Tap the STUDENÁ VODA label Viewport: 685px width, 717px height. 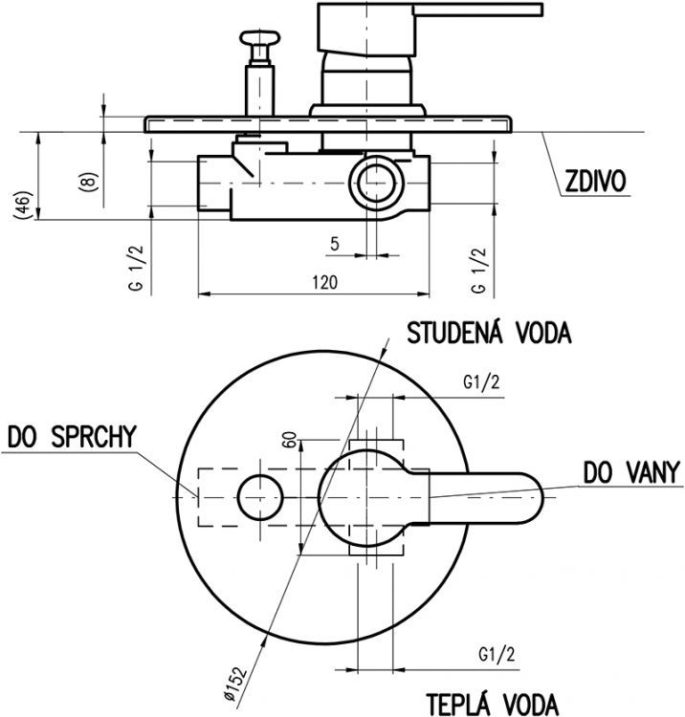coord(489,334)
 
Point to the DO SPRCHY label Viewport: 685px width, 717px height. coord(73,437)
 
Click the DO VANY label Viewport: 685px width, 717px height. coord(631,471)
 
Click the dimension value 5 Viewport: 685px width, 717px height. coord(334,243)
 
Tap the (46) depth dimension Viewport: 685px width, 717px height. coord(23,205)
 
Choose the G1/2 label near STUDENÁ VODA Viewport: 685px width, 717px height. coord(481,383)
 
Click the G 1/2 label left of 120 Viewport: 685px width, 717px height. coord(137,269)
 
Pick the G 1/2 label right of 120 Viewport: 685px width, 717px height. coord(478,269)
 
